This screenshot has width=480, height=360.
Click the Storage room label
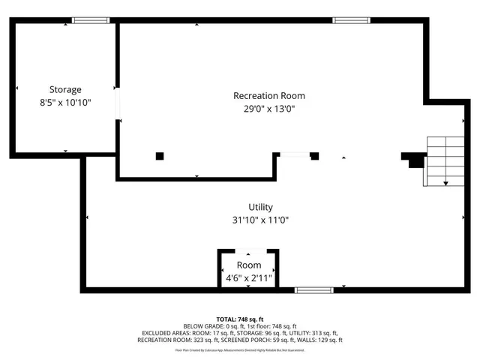(x=65, y=90)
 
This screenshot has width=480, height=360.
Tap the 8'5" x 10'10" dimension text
(x=65, y=103)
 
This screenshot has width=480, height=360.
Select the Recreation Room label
(x=269, y=96)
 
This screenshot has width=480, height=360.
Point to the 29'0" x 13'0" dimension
(x=269, y=109)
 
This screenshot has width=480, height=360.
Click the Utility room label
(x=261, y=207)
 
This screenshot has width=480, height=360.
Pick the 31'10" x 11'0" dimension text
(x=261, y=220)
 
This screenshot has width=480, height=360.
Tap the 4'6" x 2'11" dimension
(x=249, y=278)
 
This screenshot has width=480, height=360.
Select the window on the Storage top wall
(x=91, y=20)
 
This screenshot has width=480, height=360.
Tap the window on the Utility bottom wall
(x=313, y=289)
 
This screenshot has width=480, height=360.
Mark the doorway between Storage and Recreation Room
(x=117, y=103)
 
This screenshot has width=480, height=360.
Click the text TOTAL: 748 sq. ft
(x=240, y=319)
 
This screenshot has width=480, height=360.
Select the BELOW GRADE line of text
(x=240, y=326)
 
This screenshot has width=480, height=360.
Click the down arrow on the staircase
(x=446, y=181)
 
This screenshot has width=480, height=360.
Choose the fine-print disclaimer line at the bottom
(x=240, y=349)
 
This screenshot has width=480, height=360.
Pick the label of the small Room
(x=249, y=265)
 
